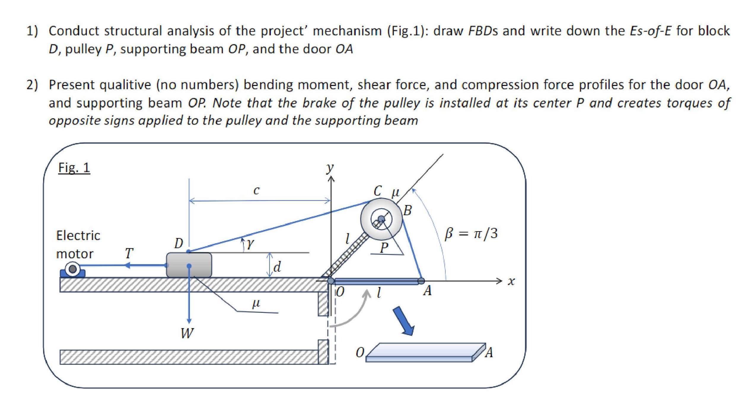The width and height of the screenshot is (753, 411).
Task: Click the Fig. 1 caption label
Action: tap(74, 168)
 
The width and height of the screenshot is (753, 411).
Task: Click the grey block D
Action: tap(189, 265)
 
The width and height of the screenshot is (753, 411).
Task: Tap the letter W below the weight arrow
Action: tap(187, 333)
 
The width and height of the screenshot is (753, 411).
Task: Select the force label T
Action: tap(129, 253)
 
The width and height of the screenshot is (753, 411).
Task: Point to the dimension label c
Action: tap(256, 190)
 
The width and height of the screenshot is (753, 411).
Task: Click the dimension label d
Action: tap(277, 267)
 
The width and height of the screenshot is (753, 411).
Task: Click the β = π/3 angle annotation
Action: tap(471, 234)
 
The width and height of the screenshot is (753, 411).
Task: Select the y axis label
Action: tap(330, 168)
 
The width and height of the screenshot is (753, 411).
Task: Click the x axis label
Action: tap(511, 281)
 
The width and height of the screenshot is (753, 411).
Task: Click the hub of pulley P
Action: tap(381, 219)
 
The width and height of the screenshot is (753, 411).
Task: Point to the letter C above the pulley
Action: tap(377, 191)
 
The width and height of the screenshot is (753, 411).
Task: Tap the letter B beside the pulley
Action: tap(408, 210)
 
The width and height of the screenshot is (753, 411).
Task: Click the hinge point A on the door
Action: tap(421, 281)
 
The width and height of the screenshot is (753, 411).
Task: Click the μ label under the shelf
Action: tap(256, 303)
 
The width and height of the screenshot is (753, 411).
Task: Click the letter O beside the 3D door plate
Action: tap(359, 352)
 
